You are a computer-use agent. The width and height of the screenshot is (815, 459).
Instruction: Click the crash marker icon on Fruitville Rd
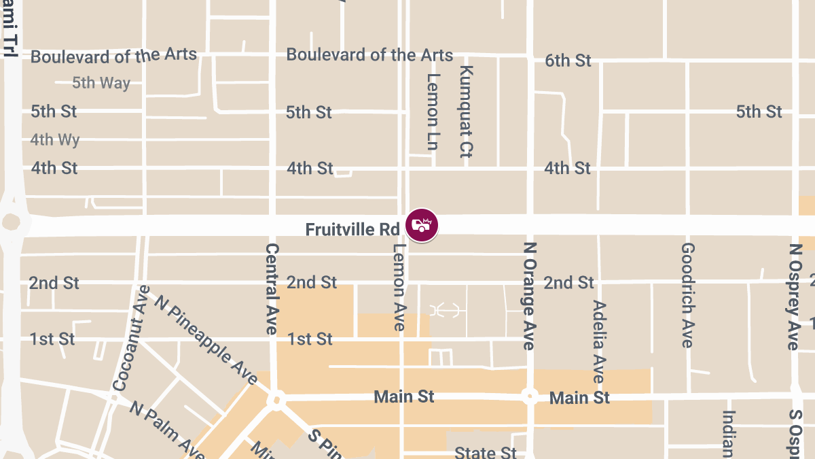tap(422, 225)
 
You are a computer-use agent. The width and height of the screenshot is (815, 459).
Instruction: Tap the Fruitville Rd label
tap(352, 230)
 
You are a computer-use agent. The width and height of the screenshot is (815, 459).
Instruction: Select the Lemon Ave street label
tap(399, 287)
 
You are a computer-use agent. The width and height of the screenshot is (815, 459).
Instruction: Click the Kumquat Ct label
tap(466, 111)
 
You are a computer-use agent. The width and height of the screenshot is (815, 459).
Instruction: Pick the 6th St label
tap(568, 61)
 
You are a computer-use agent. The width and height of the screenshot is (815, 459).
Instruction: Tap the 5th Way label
tap(101, 84)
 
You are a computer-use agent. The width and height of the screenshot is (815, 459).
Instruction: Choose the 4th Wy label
tap(55, 140)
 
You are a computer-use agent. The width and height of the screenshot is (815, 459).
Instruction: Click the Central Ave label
tap(272, 288)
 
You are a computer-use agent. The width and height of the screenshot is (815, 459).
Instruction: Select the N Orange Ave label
tap(530, 296)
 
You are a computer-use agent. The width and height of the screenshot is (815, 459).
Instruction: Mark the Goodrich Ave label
tap(687, 295)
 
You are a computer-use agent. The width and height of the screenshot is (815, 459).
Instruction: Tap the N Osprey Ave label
tap(793, 297)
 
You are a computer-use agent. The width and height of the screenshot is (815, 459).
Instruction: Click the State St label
tap(486, 452)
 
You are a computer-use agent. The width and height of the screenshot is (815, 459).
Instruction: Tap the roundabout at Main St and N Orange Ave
tap(530, 396)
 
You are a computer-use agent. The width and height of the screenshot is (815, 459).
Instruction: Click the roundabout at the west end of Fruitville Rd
tap(12, 222)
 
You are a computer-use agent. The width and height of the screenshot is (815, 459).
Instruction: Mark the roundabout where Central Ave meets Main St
tap(276, 399)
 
